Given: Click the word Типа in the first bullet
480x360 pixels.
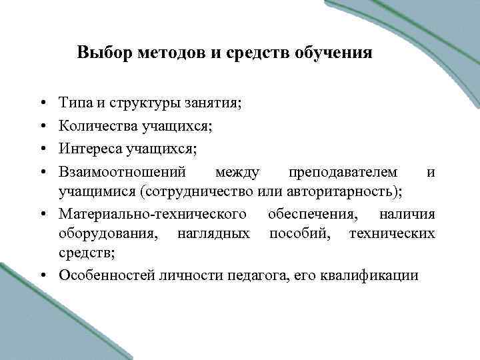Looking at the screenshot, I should point(73,103).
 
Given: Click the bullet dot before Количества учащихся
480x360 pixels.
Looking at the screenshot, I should point(42,125).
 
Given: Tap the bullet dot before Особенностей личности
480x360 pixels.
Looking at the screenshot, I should point(42,275).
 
